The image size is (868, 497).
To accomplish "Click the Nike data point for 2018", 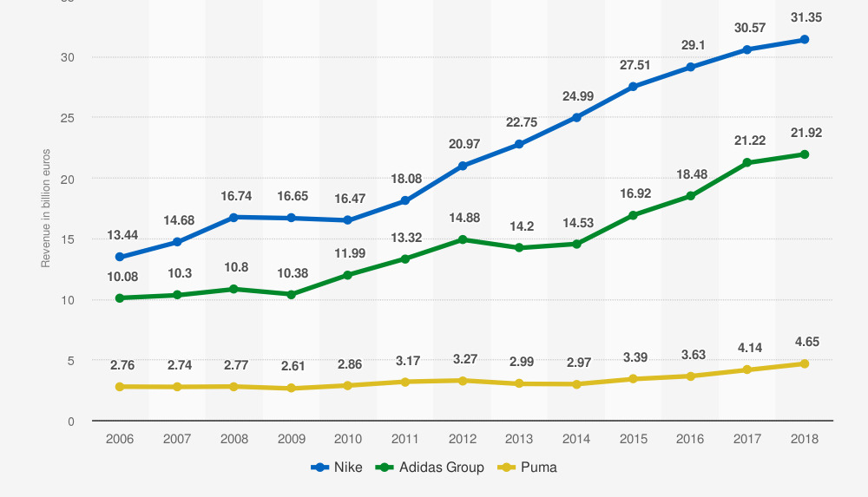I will click(x=805, y=40).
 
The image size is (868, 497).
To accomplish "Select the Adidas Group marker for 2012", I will click(x=462, y=239).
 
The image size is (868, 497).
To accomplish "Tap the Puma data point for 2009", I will click(x=291, y=388).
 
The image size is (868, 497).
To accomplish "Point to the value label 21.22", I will click(x=747, y=141).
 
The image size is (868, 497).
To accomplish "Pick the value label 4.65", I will click(x=805, y=343).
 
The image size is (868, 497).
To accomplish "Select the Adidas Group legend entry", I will click(x=431, y=468).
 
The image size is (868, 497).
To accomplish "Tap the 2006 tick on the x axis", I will click(x=120, y=439).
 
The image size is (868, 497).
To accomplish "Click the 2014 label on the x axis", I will click(x=576, y=439).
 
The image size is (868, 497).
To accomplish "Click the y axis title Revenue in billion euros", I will click(x=46, y=209).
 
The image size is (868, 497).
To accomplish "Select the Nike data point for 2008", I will click(x=233, y=217).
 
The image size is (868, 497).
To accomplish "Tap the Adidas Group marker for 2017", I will click(x=747, y=162).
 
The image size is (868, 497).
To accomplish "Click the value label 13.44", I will click(x=122, y=235).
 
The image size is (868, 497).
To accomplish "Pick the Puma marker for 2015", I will click(x=633, y=379).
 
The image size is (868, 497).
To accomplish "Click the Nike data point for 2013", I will click(x=519, y=144).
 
